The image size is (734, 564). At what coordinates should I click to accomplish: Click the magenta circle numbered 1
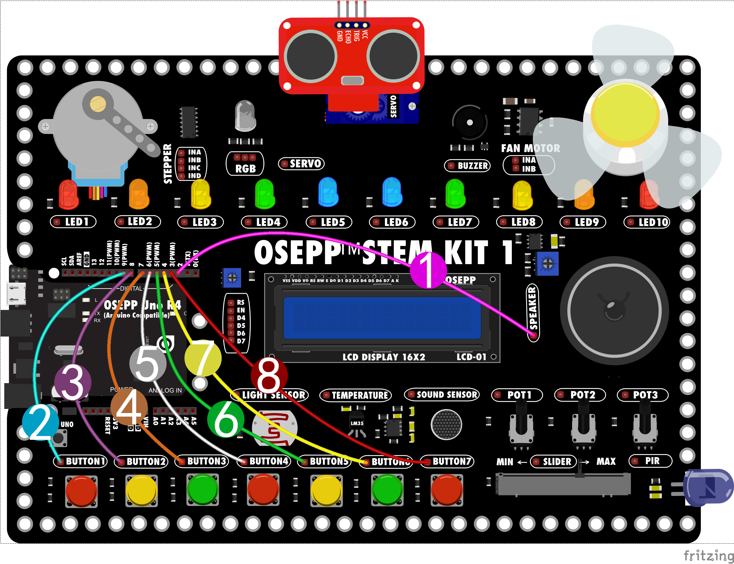[428, 270]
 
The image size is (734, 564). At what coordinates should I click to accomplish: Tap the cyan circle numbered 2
[40, 422]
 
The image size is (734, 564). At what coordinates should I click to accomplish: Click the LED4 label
[268, 222]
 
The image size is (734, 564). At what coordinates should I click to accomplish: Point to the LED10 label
[653, 222]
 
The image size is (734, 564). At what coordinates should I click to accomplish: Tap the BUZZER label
[472, 166]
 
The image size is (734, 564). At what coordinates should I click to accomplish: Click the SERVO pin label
[305, 163]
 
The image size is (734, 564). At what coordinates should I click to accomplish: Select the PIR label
[652, 461]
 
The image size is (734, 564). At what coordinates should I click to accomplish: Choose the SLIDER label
[557, 462]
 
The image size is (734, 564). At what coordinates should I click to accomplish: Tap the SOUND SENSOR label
[447, 394]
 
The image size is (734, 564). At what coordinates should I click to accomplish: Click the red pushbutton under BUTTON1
[81, 490]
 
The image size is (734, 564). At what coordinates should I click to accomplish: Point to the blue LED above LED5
[328, 192]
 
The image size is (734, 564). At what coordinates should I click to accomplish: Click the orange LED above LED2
[139, 194]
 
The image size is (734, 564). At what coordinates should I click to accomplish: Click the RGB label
[245, 168]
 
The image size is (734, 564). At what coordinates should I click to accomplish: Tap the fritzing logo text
[708, 555]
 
